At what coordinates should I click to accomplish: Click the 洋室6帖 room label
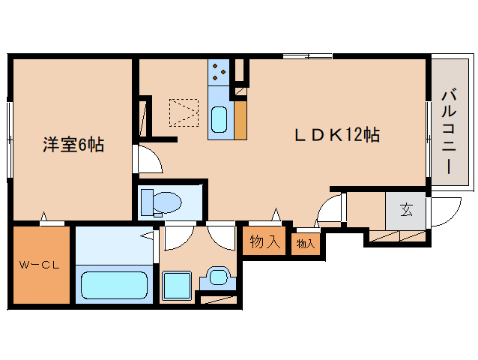pos(73,145)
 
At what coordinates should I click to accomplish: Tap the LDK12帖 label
pos(336,135)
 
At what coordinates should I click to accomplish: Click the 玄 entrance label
pos(405,210)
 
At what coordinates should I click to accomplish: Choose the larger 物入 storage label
pos(264,242)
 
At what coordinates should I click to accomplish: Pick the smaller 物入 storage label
pos(305,244)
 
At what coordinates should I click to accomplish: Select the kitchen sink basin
pos(220,120)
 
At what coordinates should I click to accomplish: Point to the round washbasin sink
pos(218,277)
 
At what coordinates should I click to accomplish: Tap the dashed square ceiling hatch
pos(184,112)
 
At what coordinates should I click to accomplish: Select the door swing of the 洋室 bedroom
pos(146,160)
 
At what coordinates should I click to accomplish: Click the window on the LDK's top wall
pos(307,57)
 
